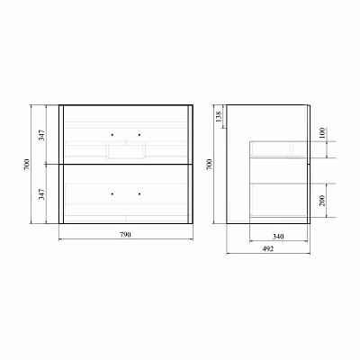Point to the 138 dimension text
[218, 117]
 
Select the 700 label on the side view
[209, 165]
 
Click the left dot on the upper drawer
[112, 135]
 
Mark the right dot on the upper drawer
[139, 135]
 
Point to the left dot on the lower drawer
[112, 193]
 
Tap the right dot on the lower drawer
[139, 193]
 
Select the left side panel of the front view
[62, 164]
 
